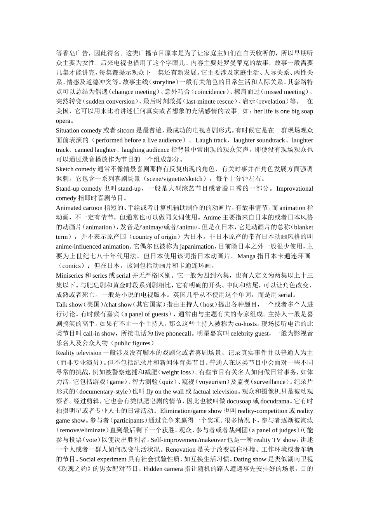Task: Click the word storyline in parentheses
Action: click(164, 82)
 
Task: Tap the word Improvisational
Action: click(294, 188)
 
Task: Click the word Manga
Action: click(246, 256)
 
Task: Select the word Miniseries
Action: click(70, 275)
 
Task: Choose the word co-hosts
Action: click(246, 324)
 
